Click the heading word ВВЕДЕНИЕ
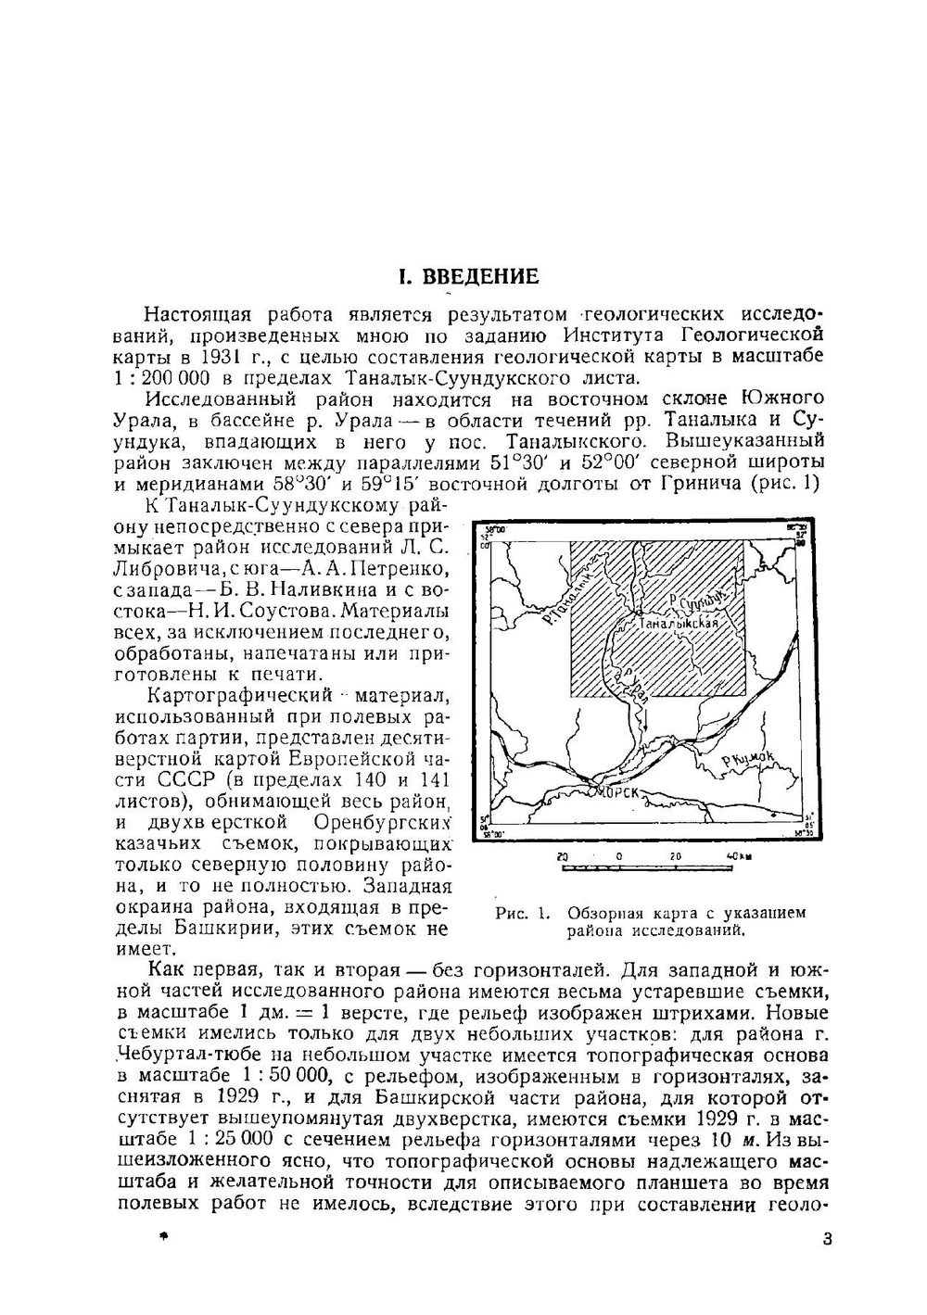(480, 277)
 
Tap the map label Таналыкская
(679, 624)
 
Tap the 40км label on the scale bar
(740, 856)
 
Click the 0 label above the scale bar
(618, 856)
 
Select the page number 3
(827, 1239)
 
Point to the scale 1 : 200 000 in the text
(162, 378)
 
